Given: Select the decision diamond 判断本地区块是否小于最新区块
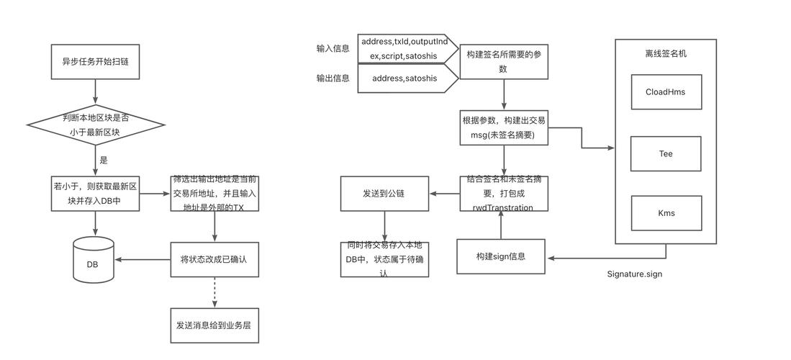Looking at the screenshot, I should [96, 124].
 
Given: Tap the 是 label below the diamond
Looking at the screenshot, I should [104, 161].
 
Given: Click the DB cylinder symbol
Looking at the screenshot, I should [94, 260].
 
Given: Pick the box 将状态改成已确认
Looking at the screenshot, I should [214, 259].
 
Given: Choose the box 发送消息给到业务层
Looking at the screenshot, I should [214, 325].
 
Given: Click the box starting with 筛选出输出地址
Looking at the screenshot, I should [214, 193].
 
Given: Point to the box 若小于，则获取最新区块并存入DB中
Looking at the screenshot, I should [96, 193].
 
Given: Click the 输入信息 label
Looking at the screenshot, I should [333, 49].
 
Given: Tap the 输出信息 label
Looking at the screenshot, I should [333, 78].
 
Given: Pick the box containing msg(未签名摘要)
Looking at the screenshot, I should [504, 128].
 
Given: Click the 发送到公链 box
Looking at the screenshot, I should [384, 194].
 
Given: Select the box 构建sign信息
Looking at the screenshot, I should [501, 257].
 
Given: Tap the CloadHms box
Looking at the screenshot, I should [666, 91].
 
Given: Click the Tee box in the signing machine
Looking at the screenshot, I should [666, 153].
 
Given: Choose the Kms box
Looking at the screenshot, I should [666, 213].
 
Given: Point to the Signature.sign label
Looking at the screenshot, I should [635, 274].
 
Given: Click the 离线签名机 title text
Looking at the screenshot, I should [666, 53].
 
